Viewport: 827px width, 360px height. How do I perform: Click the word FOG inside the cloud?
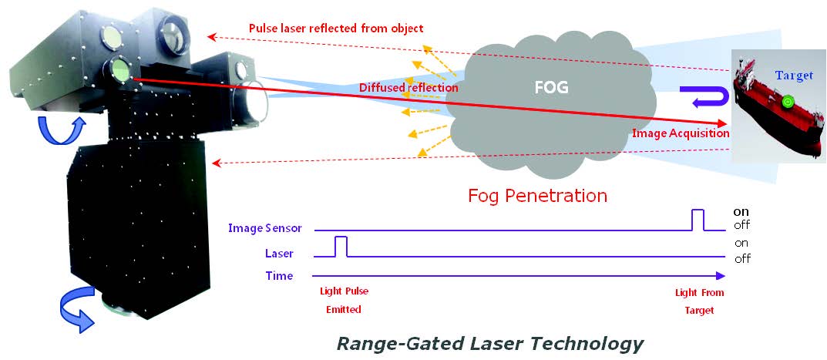(x=551, y=87)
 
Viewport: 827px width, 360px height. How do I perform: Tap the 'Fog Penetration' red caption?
(x=537, y=195)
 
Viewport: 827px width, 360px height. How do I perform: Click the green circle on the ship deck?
(x=786, y=101)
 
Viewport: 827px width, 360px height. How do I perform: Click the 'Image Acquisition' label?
(x=681, y=133)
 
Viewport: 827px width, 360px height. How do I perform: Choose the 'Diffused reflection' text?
(x=408, y=88)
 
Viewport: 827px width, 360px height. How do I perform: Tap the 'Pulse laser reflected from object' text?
(x=335, y=29)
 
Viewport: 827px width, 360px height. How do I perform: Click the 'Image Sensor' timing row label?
(x=265, y=228)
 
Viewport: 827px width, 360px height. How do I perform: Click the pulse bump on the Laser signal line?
(x=341, y=246)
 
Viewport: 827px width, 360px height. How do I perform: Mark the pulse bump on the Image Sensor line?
(x=698, y=219)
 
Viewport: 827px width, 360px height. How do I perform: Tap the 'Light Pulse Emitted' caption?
(x=340, y=301)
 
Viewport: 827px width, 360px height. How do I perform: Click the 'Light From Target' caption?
(x=699, y=301)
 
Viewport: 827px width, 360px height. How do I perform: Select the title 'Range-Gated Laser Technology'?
(x=489, y=342)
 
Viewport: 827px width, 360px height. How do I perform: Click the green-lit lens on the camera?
(x=120, y=69)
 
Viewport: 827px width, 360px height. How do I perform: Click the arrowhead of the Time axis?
(x=721, y=275)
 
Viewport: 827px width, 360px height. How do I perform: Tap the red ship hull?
(x=771, y=123)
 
